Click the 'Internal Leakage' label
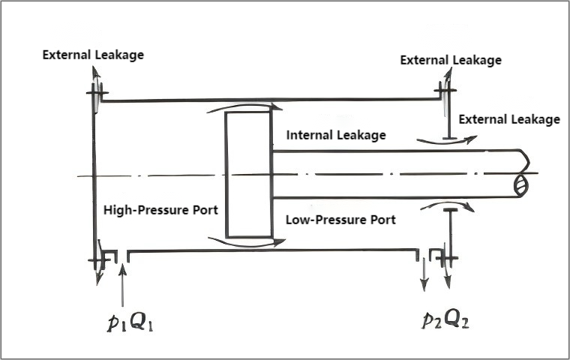pyautogui.click(x=336, y=136)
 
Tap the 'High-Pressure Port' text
pyautogui.click(x=160, y=211)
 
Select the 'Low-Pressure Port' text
pyautogui.click(x=340, y=220)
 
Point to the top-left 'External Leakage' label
pyautogui.click(x=93, y=55)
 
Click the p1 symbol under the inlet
pyautogui.click(x=115, y=322)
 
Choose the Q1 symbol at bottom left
pyautogui.click(x=142, y=322)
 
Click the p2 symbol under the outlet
pyautogui.click(x=433, y=322)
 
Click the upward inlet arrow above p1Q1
pyautogui.click(x=122, y=282)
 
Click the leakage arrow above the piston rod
pyautogui.click(x=448, y=139)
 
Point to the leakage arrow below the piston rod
pyautogui.click(x=448, y=205)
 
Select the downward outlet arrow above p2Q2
pyautogui.click(x=424, y=274)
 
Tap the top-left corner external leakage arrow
pyautogui.click(x=96, y=79)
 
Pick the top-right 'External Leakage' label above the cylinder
pyautogui.click(x=451, y=60)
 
